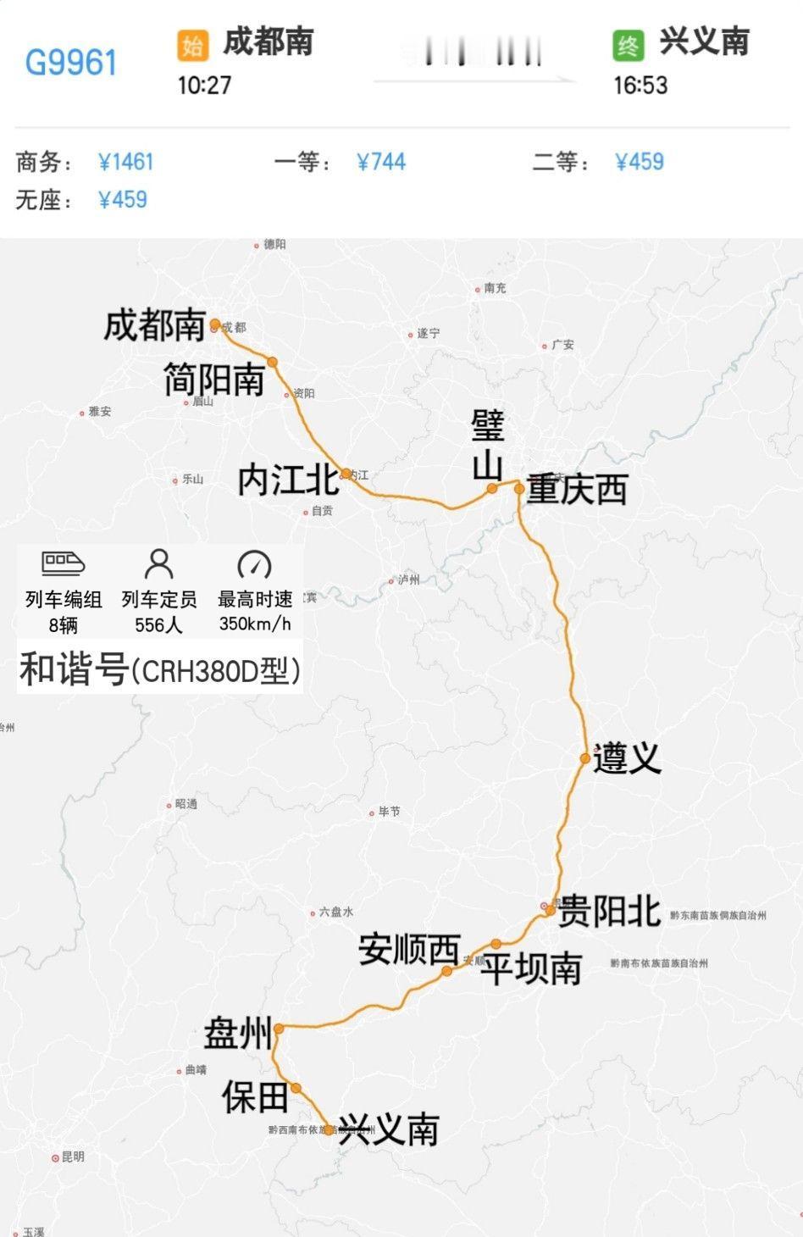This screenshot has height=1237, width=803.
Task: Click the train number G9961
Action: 71,63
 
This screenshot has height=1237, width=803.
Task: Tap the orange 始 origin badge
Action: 192,45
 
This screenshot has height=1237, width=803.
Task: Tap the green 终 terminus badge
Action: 629,45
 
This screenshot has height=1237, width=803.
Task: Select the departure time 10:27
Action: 204,85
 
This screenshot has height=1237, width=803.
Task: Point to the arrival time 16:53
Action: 640,85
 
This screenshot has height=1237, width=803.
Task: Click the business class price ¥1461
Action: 126,162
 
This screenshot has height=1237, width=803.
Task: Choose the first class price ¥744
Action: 381,162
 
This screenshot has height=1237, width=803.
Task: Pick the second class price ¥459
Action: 640,162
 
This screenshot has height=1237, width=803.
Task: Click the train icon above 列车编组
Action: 64,563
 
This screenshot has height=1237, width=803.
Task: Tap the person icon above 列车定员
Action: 159,563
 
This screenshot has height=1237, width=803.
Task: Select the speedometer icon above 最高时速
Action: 254,563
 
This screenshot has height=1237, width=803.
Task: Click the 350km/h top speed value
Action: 255,624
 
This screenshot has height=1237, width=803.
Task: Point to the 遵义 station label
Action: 627,757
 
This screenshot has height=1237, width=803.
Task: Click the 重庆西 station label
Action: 577,490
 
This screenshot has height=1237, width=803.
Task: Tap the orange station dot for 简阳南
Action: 273,362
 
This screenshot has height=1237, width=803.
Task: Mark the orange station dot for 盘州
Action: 278,1029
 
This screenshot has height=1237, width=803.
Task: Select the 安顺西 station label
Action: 409,950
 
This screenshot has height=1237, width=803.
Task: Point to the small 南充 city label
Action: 495,288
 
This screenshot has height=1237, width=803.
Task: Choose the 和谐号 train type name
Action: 73,669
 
